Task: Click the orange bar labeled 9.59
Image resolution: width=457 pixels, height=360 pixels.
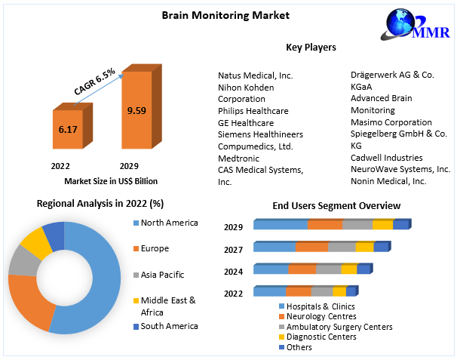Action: click(136, 111)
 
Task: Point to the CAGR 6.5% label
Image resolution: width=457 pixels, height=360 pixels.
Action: click(94, 82)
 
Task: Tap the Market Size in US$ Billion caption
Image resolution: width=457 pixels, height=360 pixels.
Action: click(111, 181)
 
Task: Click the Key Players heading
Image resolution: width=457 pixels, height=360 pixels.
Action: click(311, 48)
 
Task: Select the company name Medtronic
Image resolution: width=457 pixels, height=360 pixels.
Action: click(238, 158)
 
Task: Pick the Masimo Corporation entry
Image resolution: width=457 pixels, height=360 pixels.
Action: click(391, 122)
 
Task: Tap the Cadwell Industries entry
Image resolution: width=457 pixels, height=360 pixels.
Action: click(387, 158)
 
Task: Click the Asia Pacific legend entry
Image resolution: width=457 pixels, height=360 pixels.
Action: click(161, 275)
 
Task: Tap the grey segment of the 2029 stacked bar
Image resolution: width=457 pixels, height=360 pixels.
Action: click(357, 224)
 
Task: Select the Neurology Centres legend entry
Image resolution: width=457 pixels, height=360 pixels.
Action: click(322, 316)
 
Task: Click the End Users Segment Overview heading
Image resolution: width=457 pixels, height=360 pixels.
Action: click(336, 205)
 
